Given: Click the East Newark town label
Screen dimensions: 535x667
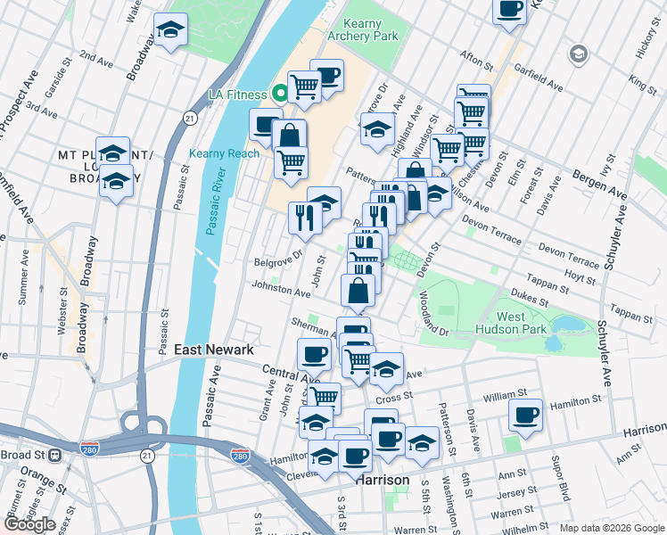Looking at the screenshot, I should coord(214,350).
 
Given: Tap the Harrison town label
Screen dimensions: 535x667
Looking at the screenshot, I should coord(383,480).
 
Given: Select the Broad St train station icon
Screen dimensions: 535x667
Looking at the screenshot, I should coord(55,454).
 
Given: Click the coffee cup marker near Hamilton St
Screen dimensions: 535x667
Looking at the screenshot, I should coord(526,414).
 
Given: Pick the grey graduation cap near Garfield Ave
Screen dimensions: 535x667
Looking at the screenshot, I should coord(579,55).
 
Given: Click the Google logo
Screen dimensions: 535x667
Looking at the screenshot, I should coord(29,524).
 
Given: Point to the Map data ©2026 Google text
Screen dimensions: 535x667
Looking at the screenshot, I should coord(612,528).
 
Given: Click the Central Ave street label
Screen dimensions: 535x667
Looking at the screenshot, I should coord(285,371).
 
